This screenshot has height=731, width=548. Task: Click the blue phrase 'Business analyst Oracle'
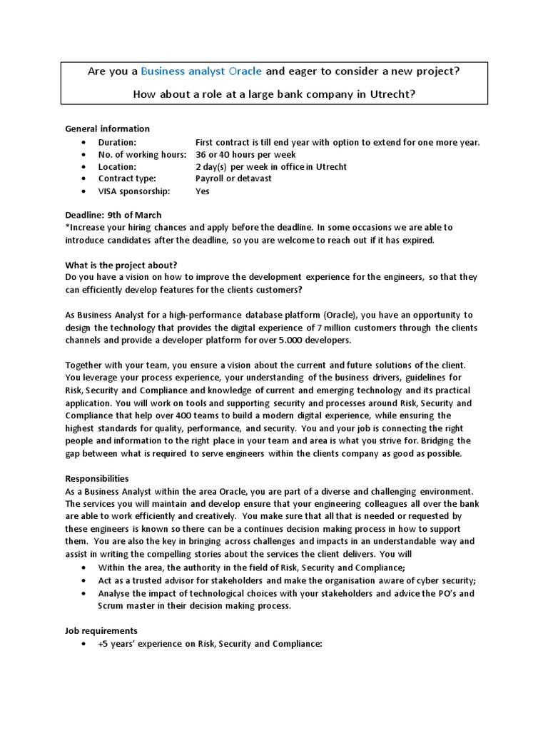pyautogui.click(x=201, y=71)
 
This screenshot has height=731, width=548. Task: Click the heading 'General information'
pyautogui.click(x=107, y=129)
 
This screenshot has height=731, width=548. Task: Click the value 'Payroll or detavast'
pyautogui.click(x=233, y=178)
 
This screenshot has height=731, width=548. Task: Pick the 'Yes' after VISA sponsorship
pyautogui.click(x=203, y=191)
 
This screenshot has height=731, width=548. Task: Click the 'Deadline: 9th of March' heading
pyautogui.click(x=113, y=215)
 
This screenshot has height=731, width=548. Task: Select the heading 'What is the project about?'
pyautogui.click(x=121, y=263)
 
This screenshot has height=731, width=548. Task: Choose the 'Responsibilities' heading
pyautogui.click(x=97, y=478)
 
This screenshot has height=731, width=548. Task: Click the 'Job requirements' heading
pyautogui.click(x=101, y=631)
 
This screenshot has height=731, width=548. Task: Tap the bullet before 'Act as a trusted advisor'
pyautogui.click(x=83, y=580)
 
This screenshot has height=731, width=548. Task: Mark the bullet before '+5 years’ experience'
pyautogui.click(x=83, y=644)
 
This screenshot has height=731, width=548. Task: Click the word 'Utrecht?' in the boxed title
pyautogui.click(x=391, y=94)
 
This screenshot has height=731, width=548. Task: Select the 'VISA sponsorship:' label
pyautogui.click(x=134, y=191)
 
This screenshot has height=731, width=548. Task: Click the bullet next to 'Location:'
pyautogui.click(x=83, y=167)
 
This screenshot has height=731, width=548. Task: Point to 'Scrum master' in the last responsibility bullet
pyautogui.click(x=125, y=606)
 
